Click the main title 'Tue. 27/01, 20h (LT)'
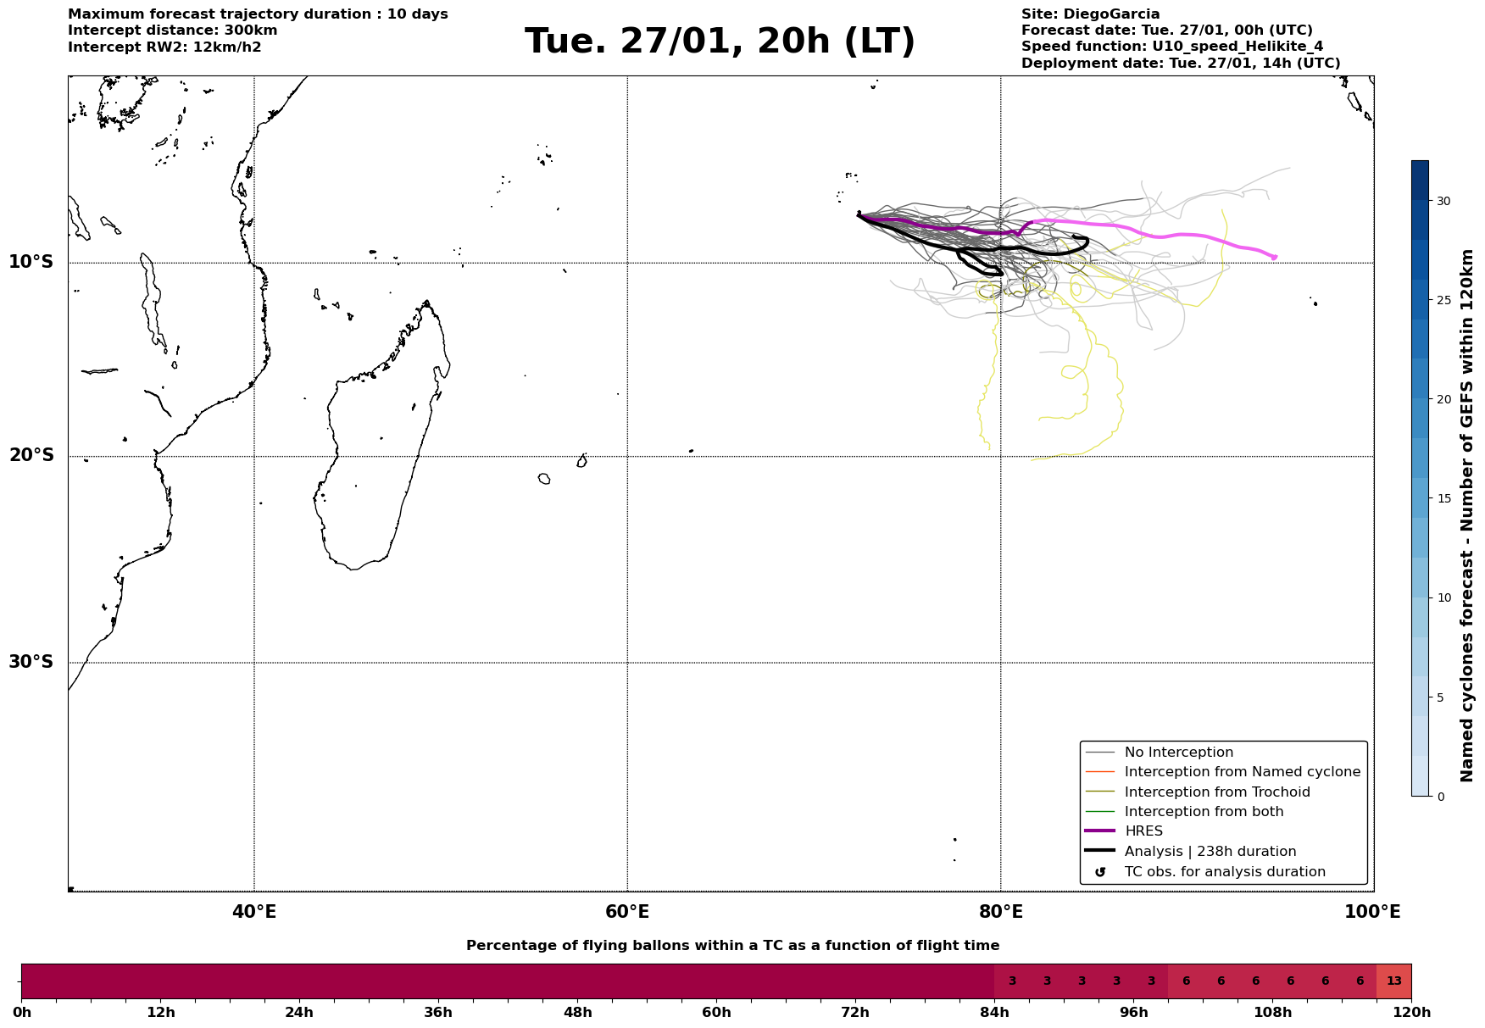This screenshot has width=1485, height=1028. click(720, 42)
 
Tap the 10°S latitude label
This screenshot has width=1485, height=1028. click(31, 262)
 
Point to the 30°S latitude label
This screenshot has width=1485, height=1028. click(31, 662)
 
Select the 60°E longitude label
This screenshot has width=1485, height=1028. click(627, 912)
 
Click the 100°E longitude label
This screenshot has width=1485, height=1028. click(1373, 912)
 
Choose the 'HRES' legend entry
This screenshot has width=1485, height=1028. click(1143, 831)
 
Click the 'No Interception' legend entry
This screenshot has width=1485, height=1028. click(1178, 753)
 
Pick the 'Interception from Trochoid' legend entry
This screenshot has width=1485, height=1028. click(1216, 792)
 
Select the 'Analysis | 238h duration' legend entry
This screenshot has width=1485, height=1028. click(1210, 852)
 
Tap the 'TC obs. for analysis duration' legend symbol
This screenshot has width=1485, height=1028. click(1100, 872)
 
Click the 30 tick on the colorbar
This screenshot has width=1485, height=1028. click(1443, 201)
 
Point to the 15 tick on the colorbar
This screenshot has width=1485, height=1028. click(1443, 498)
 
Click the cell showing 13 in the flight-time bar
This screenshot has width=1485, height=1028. click(1393, 981)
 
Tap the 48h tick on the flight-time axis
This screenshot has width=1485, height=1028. click(577, 1013)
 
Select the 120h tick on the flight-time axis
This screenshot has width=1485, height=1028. click(1411, 1013)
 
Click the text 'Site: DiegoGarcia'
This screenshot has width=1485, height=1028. click(1090, 14)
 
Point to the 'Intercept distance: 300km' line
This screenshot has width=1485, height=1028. click(172, 31)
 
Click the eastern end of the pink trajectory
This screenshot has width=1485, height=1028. click(1275, 256)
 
